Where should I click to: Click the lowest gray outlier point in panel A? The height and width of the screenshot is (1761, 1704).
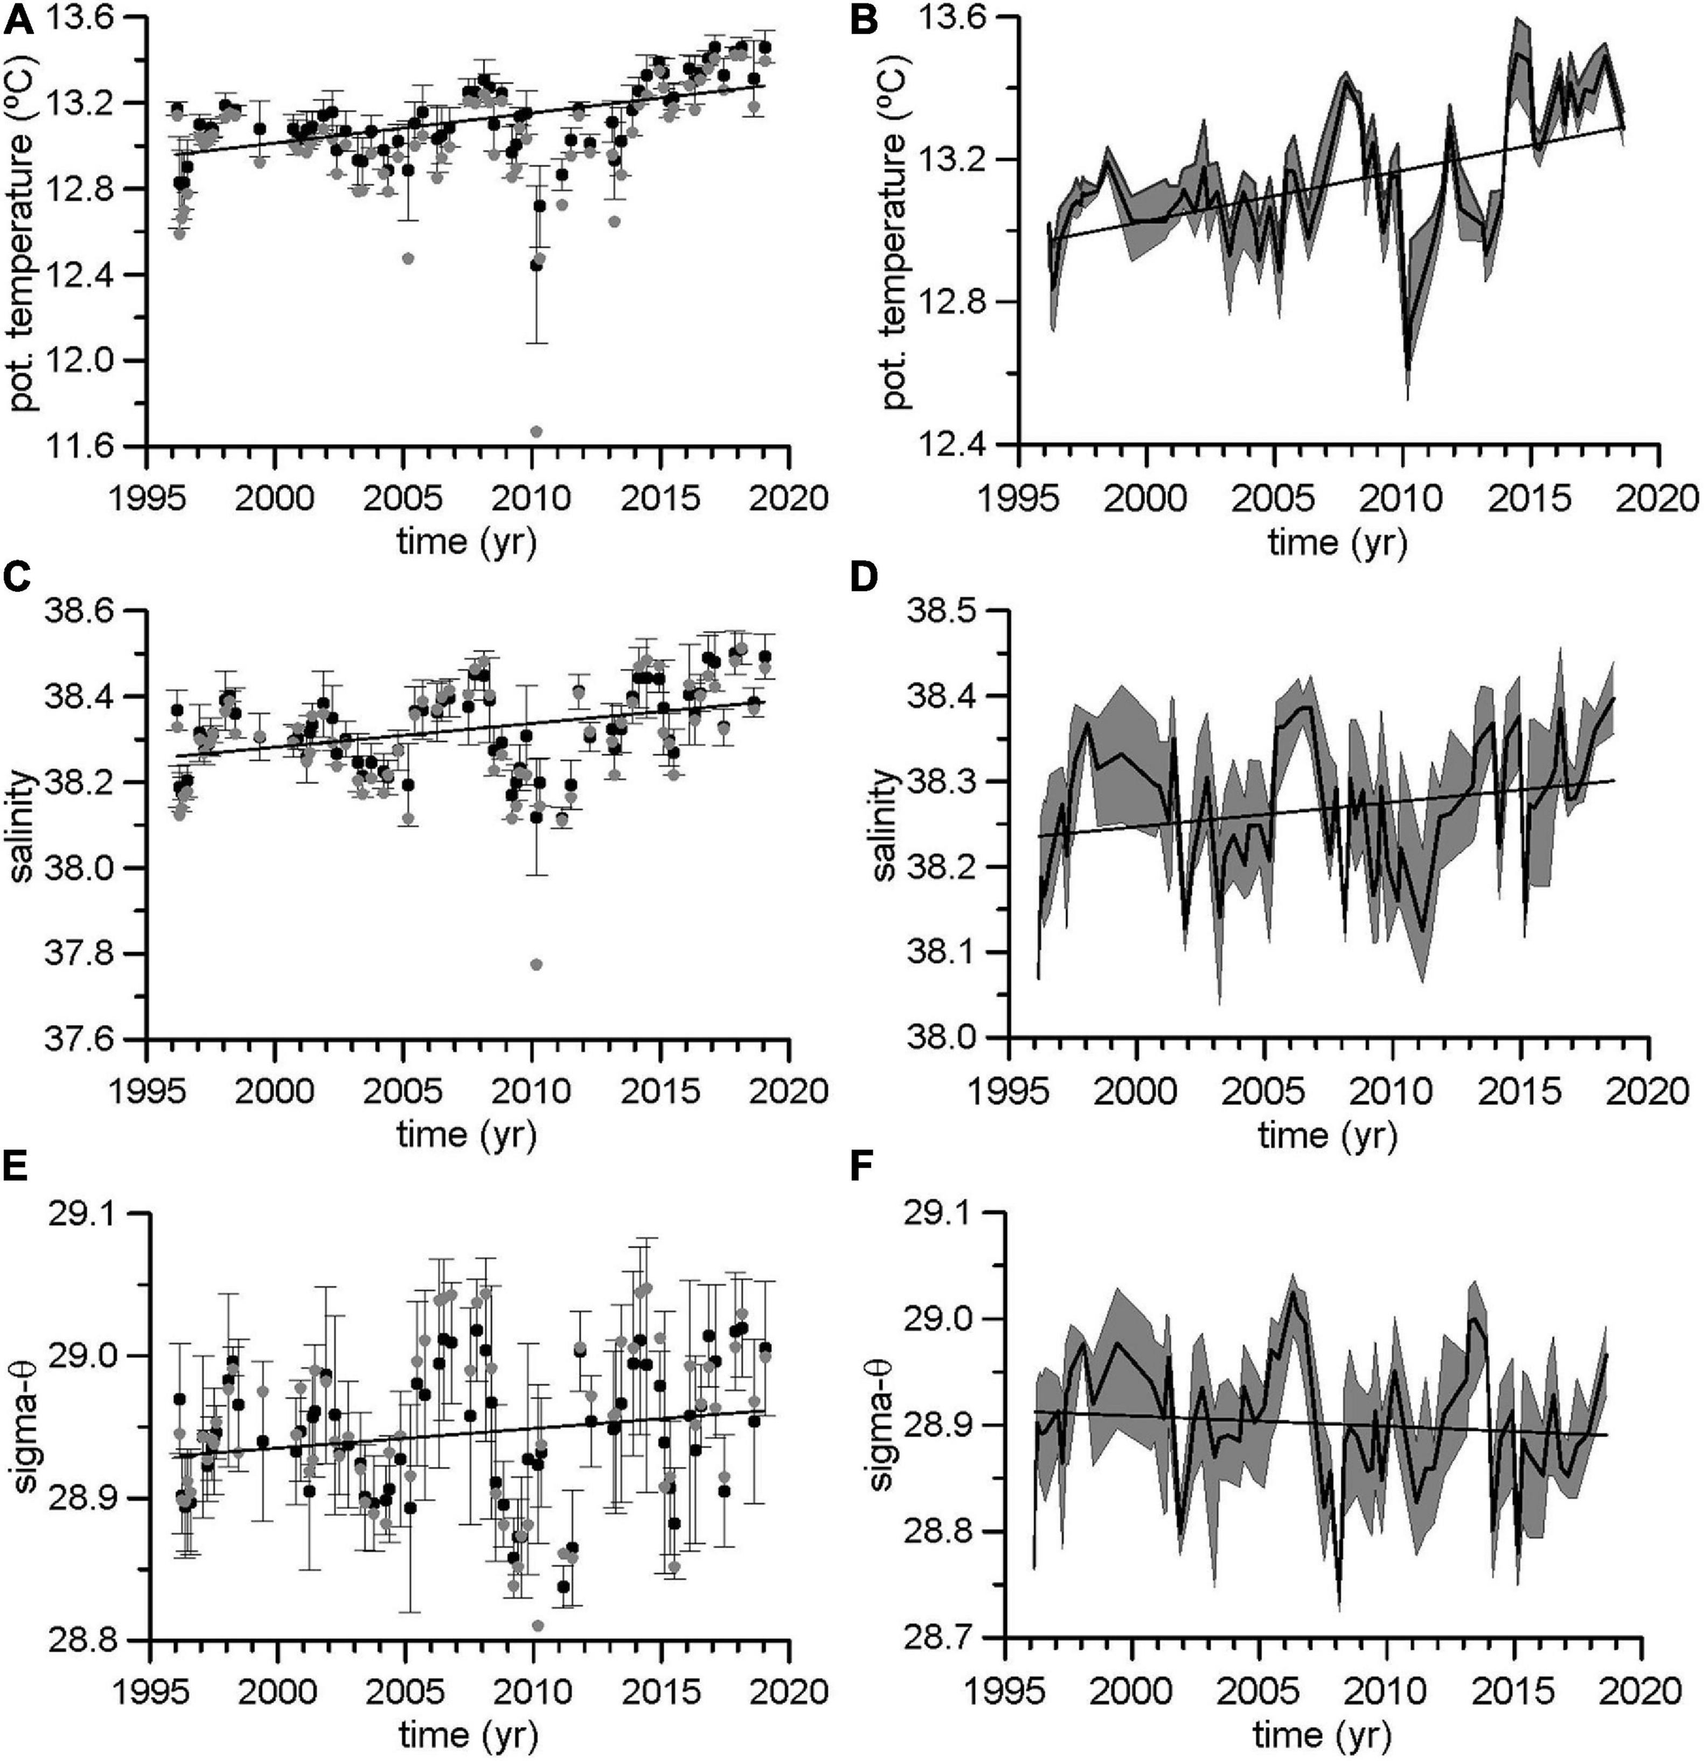tap(537, 431)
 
